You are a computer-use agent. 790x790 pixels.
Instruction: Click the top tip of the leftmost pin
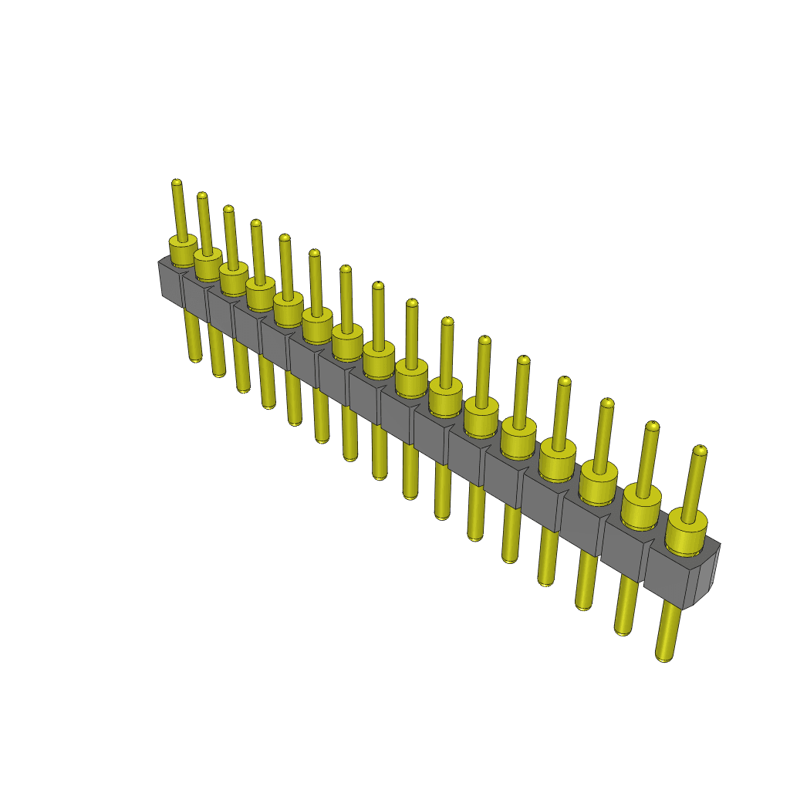[177, 184]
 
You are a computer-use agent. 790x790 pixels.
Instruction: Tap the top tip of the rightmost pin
[700, 450]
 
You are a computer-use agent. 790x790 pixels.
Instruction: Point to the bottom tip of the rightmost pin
[663, 657]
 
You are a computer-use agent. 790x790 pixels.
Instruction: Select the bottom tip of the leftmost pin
[196, 358]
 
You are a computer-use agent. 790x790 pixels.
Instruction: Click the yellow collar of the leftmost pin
[183, 251]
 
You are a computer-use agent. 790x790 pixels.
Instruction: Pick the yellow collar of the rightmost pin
[687, 532]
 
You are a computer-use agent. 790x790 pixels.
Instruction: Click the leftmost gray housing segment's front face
[170, 282]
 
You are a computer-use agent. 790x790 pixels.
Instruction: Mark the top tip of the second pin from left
[201, 197]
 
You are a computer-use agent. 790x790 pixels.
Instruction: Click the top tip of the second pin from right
[653, 426]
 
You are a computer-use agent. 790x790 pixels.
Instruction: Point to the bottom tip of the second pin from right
[623, 630]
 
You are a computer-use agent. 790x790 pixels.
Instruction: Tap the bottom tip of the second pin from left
[219, 373]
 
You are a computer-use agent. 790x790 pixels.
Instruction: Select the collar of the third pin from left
[233, 278]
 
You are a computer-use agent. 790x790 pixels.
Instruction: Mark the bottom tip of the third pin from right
[584, 606]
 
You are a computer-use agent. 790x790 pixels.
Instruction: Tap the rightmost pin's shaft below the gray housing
[668, 629]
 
